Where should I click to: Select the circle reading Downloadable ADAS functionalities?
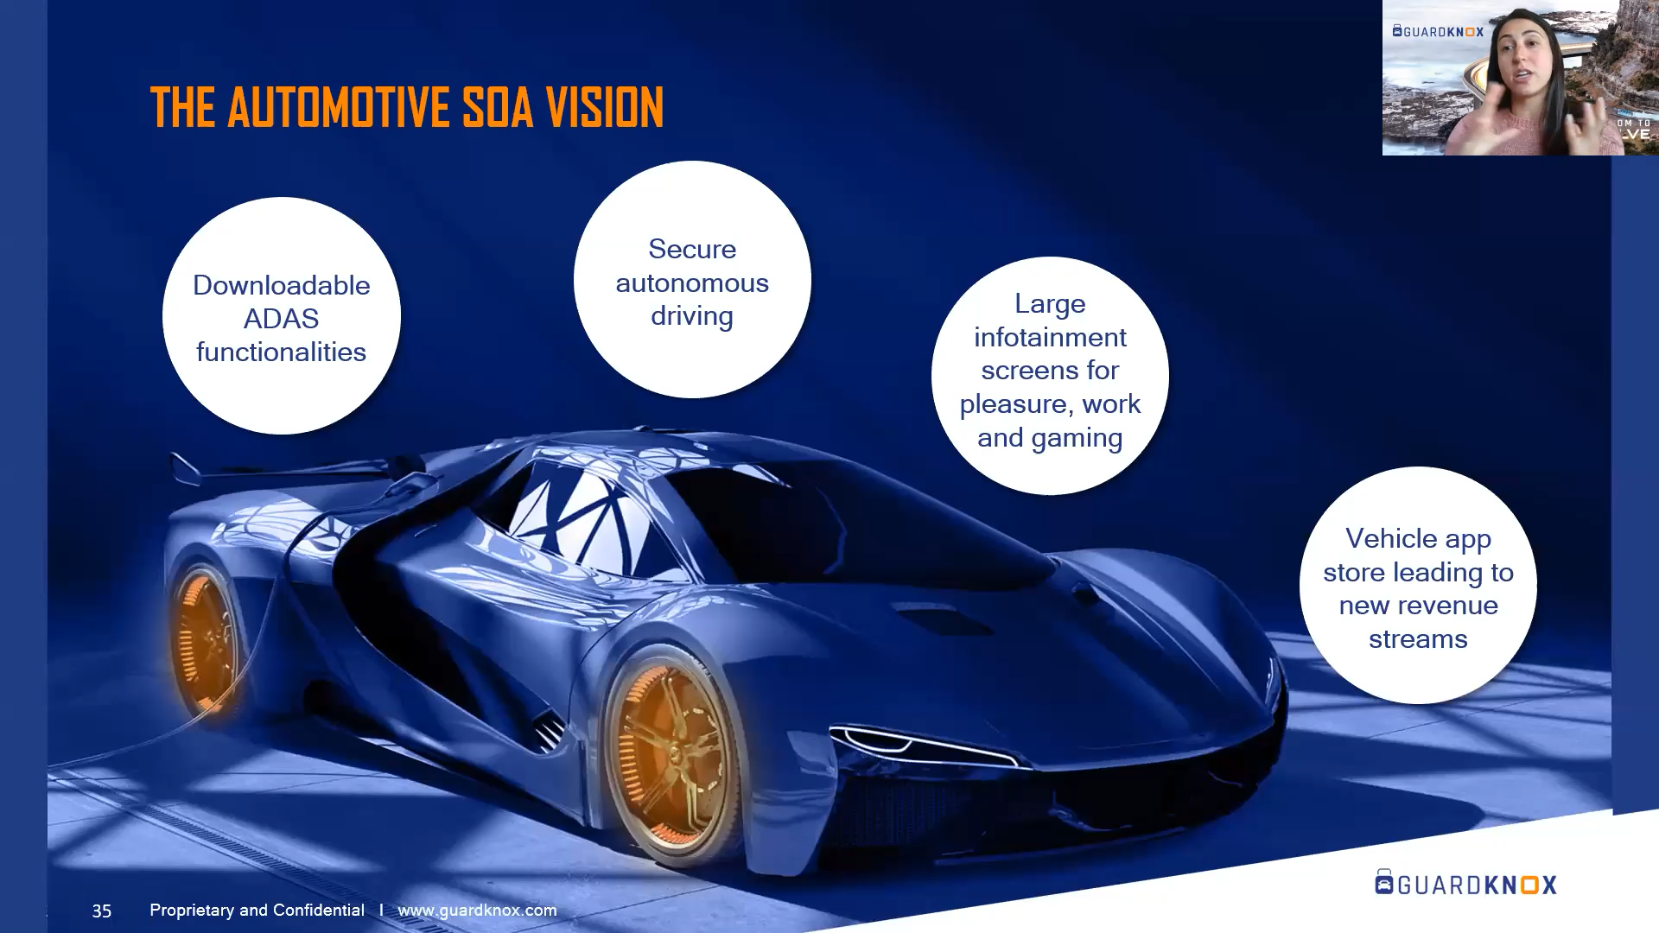pos(282,316)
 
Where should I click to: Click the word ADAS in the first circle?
pos(281,319)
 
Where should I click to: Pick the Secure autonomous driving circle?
pos(692,280)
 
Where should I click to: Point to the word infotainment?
pos(1050,337)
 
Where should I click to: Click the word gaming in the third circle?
pos(1080,438)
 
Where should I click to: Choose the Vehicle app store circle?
pos(1418,586)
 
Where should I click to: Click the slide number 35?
pos(102,911)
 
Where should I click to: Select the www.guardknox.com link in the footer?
pos(477,911)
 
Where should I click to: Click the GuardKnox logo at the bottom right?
pos(1465,883)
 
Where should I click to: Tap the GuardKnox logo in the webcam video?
pos(1438,31)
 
